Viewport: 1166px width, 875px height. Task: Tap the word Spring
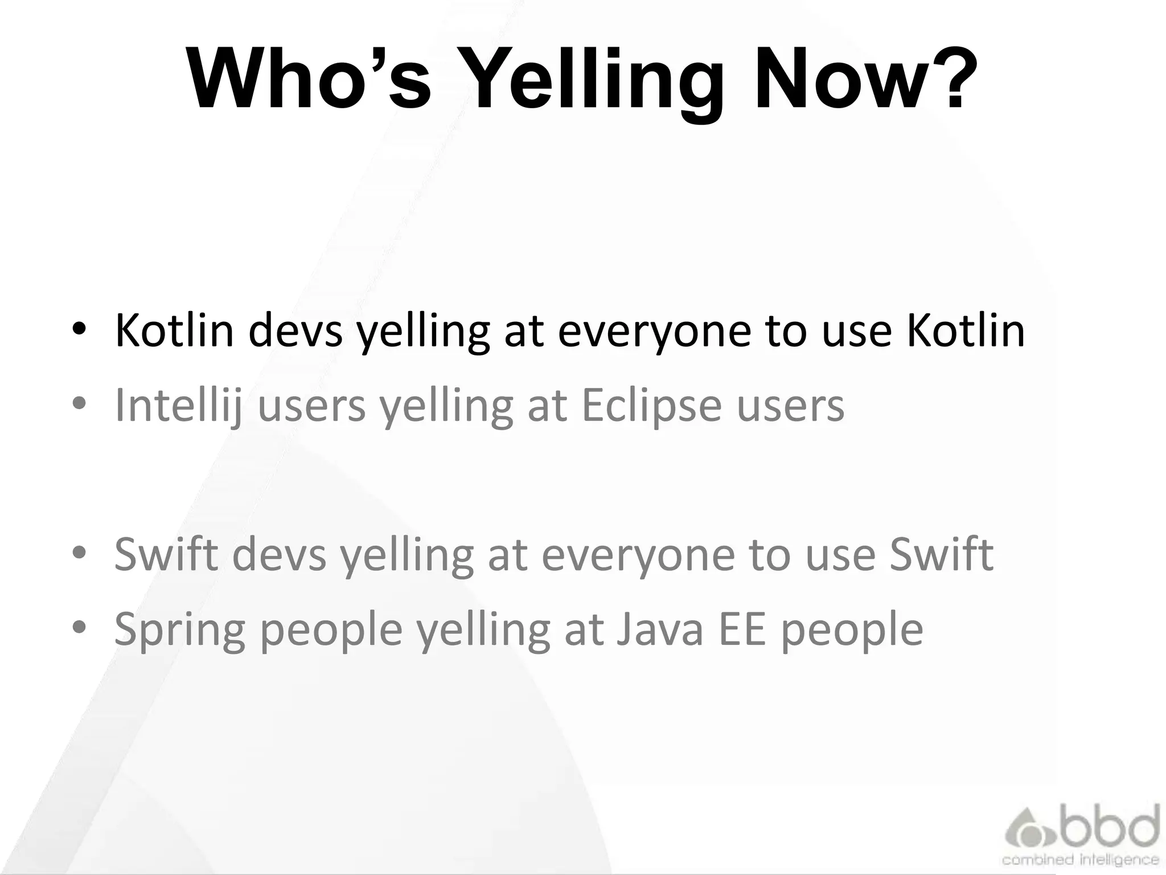(179, 630)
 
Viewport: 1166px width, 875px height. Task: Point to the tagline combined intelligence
(1081, 860)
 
